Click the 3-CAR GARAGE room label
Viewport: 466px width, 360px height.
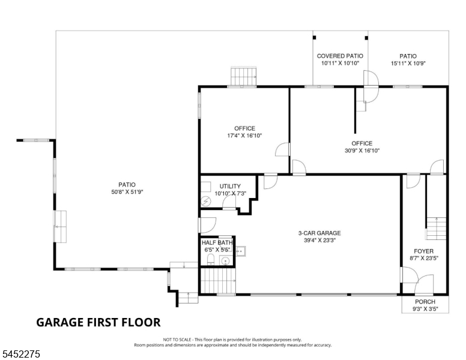pyautogui.click(x=319, y=233)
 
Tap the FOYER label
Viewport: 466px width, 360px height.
pyautogui.click(x=424, y=251)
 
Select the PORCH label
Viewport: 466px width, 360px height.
pyautogui.click(x=425, y=302)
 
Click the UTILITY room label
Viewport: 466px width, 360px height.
pyautogui.click(x=230, y=186)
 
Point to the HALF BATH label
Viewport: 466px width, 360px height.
pyautogui.click(x=217, y=242)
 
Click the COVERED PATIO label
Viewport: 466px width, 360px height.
pyautogui.click(x=340, y=56)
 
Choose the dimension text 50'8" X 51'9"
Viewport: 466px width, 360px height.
pyautogui.click(x=127, y=192)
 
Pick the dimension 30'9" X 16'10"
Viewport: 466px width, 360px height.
pyautogui.click(x=362, y=151)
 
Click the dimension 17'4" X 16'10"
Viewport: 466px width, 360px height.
pyautogui.click(x=244, y=136)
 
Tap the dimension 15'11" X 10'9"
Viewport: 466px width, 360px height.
pyautogui.click(x=408, y=63)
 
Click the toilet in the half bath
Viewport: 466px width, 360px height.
pyautogui.click(x=210, y=260)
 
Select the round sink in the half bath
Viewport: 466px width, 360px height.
pyautogui.click(x=226, y=262)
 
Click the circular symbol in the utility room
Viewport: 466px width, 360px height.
pyautogui.click(x=206, y=202)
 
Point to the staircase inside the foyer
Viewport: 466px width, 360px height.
pyautogui.click(x=437, y=229)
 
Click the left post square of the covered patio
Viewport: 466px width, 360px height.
pyautogui.click(x=315, y=38)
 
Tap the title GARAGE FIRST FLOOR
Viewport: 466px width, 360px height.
pyautogui.click(x=98, y=322)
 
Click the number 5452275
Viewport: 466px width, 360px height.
pyautogui.click(x=21, y=354)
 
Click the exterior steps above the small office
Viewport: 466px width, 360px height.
pyautogui.click(x=244, y=77)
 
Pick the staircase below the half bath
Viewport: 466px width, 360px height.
pyautogui.click(x=218, y=280)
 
